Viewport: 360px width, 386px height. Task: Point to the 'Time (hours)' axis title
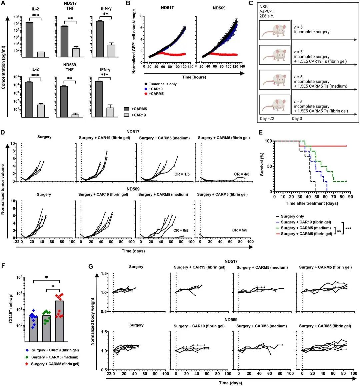pyautogui.click(x=194, y=77)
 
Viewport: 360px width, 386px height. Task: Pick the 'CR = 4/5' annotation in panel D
pyautogui.click(x=242, y=174)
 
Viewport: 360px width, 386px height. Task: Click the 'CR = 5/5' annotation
pyautogui.click(x=240, y=230)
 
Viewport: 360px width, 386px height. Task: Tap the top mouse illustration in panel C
pyautogui.click(x=275, y=30)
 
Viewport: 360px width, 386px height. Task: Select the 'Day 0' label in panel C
pyautogui.click(x=297, y=119)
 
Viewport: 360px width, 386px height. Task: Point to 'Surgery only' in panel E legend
pyautogui.click(x=292, y=216)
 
